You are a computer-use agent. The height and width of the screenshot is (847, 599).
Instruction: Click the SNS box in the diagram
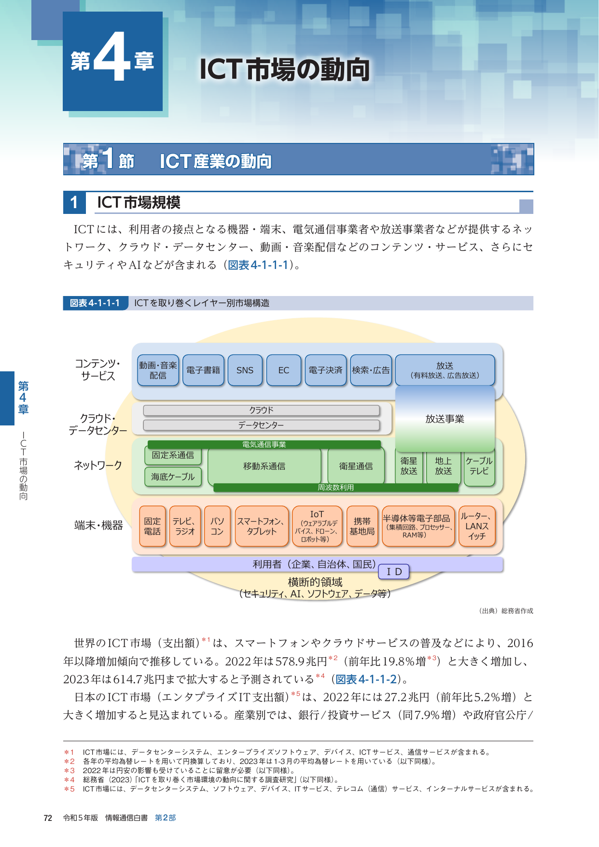point(245,370)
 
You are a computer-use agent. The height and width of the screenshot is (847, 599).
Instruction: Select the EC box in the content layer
point(284,370)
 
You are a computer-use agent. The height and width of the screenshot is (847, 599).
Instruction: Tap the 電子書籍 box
point(203,370)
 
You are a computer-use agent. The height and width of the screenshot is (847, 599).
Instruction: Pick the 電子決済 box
point(326,370)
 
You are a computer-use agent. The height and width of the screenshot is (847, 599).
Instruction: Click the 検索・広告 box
point(371,370)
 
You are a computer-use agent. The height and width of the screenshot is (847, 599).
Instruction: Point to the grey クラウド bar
point(261,410)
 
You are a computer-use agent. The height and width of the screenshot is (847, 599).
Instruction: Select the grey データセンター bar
point(261,425)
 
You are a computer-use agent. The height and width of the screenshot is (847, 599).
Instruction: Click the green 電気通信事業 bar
point(264,445)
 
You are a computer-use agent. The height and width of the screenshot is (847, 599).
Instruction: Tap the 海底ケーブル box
point(173,477)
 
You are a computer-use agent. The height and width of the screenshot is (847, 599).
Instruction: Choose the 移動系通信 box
point(265,466)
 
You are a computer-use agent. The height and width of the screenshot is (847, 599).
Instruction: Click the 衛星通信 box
point(356,466)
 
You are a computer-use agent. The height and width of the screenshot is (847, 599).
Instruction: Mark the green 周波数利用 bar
point(336,488)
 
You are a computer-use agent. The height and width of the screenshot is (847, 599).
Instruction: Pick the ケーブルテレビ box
point(479,466)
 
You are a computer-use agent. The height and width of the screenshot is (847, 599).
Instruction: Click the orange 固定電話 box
point(153,526)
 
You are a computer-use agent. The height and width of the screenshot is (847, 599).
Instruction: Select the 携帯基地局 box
point(362,526)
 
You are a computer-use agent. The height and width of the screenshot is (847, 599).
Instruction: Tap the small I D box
point(394,572)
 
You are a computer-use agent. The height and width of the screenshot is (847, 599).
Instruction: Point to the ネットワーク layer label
point(98,466)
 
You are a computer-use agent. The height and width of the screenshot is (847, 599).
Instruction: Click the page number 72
point(48,818)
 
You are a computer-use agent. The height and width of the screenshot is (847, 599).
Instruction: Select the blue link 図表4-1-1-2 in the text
point(366,679)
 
